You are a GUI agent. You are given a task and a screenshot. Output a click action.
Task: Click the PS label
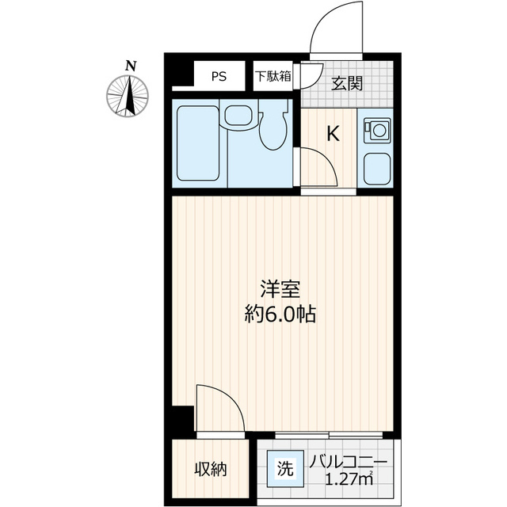(219, 77)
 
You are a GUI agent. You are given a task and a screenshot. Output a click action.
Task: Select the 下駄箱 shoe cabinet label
(273, 77)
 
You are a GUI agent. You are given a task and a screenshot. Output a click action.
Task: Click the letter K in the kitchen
(334, 134)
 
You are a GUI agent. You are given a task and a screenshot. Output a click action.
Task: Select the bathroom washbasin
(237, 116)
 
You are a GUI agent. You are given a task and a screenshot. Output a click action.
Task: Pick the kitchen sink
(377, 167)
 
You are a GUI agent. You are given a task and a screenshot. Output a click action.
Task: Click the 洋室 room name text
(279, 290)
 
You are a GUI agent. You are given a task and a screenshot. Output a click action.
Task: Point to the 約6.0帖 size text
(279, 314)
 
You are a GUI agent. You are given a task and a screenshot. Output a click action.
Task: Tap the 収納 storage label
(211, 469)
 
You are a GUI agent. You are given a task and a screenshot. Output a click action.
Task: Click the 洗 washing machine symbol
(284, 467)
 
